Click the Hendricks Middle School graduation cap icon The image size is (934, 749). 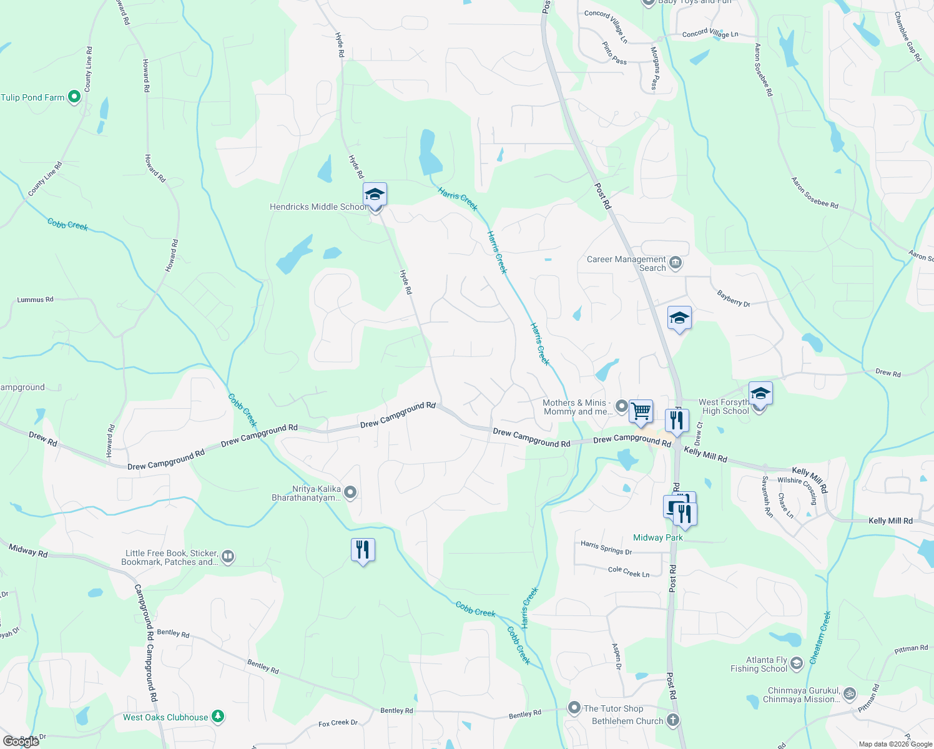coord(375,195)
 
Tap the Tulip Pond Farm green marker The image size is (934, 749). coord(74,97)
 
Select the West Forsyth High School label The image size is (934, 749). coord(724,407)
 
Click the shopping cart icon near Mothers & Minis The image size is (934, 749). coord(641,412)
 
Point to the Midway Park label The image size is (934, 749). coord(657,537)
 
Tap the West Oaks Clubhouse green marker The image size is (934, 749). coord(217,717)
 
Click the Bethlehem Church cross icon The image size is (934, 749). coord(672,720)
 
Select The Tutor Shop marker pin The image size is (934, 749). coord(574,708)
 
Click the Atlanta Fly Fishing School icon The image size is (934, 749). coord(796,663)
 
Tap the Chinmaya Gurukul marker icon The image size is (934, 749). coord(849,694)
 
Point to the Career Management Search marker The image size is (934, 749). coord(675,263)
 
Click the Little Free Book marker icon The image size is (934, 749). coord(228,557)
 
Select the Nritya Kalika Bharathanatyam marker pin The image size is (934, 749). coord(350,492)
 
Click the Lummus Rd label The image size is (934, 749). coord(35,300)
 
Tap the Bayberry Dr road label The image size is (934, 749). coord(734,299)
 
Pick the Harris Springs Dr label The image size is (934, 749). coord(606,547)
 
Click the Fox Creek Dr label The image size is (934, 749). coord(338,723)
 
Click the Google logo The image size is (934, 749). coord(21,742)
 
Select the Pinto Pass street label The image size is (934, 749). coord(614,53)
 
